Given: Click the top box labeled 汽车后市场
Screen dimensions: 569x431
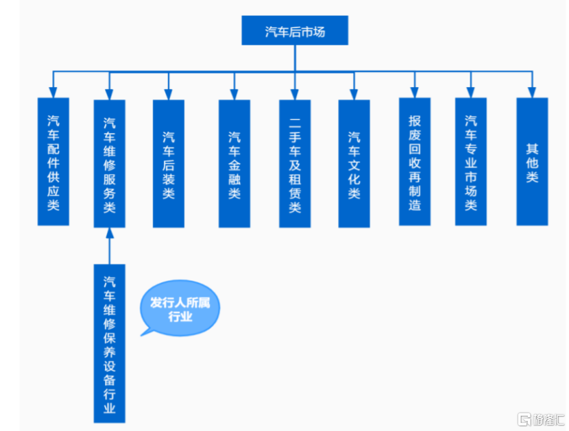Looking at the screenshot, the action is [295, 30].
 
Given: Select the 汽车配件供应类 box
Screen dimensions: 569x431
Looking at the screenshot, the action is [53, 162].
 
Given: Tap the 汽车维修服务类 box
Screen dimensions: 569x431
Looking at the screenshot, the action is [110, 164].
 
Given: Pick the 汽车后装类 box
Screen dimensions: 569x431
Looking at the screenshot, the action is [169, 164].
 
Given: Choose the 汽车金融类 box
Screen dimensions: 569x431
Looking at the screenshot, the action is [234, 164].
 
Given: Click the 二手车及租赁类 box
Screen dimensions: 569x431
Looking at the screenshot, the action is [295, 164].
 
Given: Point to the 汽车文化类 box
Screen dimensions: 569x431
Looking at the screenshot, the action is [354, 164].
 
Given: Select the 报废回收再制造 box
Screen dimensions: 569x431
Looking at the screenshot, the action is [415, 162].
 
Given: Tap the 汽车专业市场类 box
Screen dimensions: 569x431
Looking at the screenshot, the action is [471, 162].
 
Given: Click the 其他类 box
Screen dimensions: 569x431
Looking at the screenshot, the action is [533, 162].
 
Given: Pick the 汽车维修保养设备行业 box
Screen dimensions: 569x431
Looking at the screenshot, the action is [110, 343].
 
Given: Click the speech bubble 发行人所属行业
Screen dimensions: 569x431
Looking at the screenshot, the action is [180, 308].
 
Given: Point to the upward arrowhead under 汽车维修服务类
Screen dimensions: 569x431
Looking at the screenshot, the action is [110, 233].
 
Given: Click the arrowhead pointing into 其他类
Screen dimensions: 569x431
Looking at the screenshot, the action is [533, 92].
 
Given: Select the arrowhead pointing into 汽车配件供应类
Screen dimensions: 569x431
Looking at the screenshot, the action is [53, 92].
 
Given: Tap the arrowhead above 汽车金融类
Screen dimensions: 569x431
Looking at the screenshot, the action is [234, 95].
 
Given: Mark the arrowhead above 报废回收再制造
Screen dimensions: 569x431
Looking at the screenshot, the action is [415, 92].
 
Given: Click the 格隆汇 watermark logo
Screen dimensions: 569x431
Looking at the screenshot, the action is [541, 419].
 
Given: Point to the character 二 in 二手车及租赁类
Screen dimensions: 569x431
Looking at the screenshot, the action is [295, 123].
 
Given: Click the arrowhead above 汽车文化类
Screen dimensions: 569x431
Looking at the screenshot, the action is [354, 95].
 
